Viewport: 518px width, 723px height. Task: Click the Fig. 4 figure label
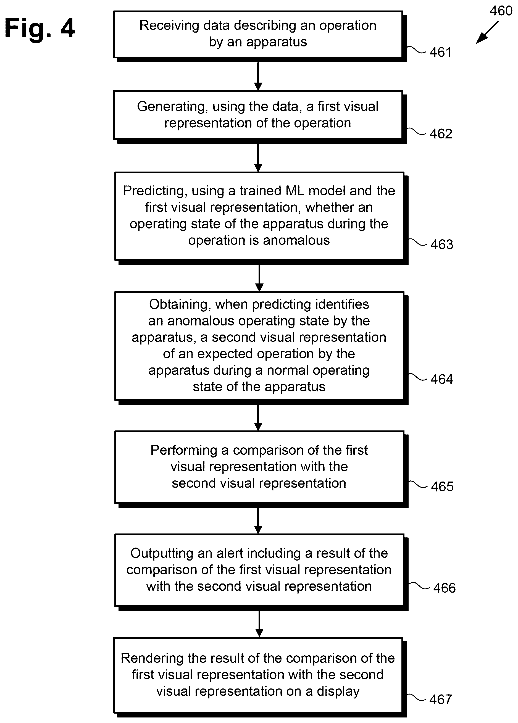(40, 29)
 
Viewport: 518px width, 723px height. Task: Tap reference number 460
(501, 11)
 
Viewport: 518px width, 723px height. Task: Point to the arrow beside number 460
(487, 33)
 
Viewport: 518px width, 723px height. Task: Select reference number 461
(441, 52)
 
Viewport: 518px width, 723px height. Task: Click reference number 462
(441, 133)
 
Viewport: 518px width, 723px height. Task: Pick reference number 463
(442, 244)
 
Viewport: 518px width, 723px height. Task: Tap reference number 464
(442, 379)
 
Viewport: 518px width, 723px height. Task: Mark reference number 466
(444, 588)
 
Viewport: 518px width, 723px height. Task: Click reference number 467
(441, 700)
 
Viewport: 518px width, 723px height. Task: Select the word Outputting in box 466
(162, 553)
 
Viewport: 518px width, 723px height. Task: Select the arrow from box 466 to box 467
(259, 624)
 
